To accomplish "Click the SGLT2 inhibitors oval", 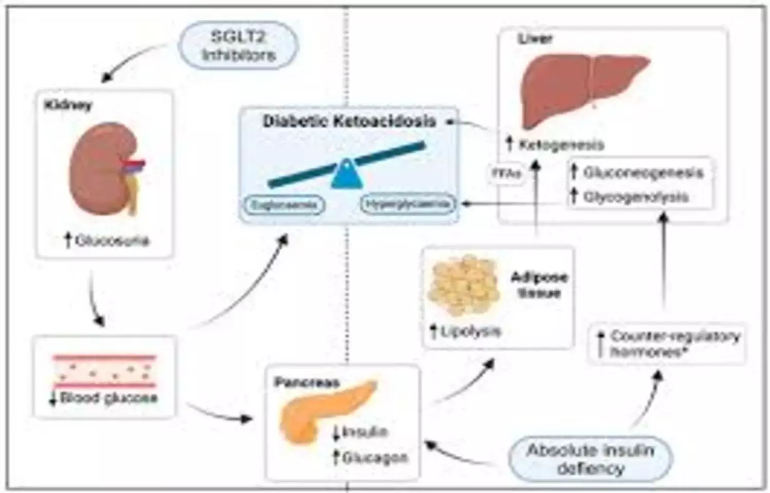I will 238,46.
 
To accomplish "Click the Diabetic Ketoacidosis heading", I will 349,121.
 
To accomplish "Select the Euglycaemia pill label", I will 284,205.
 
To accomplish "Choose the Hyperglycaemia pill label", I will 408,204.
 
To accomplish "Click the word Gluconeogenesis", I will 643,172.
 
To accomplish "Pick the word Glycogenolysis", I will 636,197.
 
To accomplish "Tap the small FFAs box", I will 507,174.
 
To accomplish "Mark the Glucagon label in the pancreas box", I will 375,457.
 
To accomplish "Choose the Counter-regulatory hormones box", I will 667,344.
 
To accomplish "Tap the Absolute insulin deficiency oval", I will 590,459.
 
